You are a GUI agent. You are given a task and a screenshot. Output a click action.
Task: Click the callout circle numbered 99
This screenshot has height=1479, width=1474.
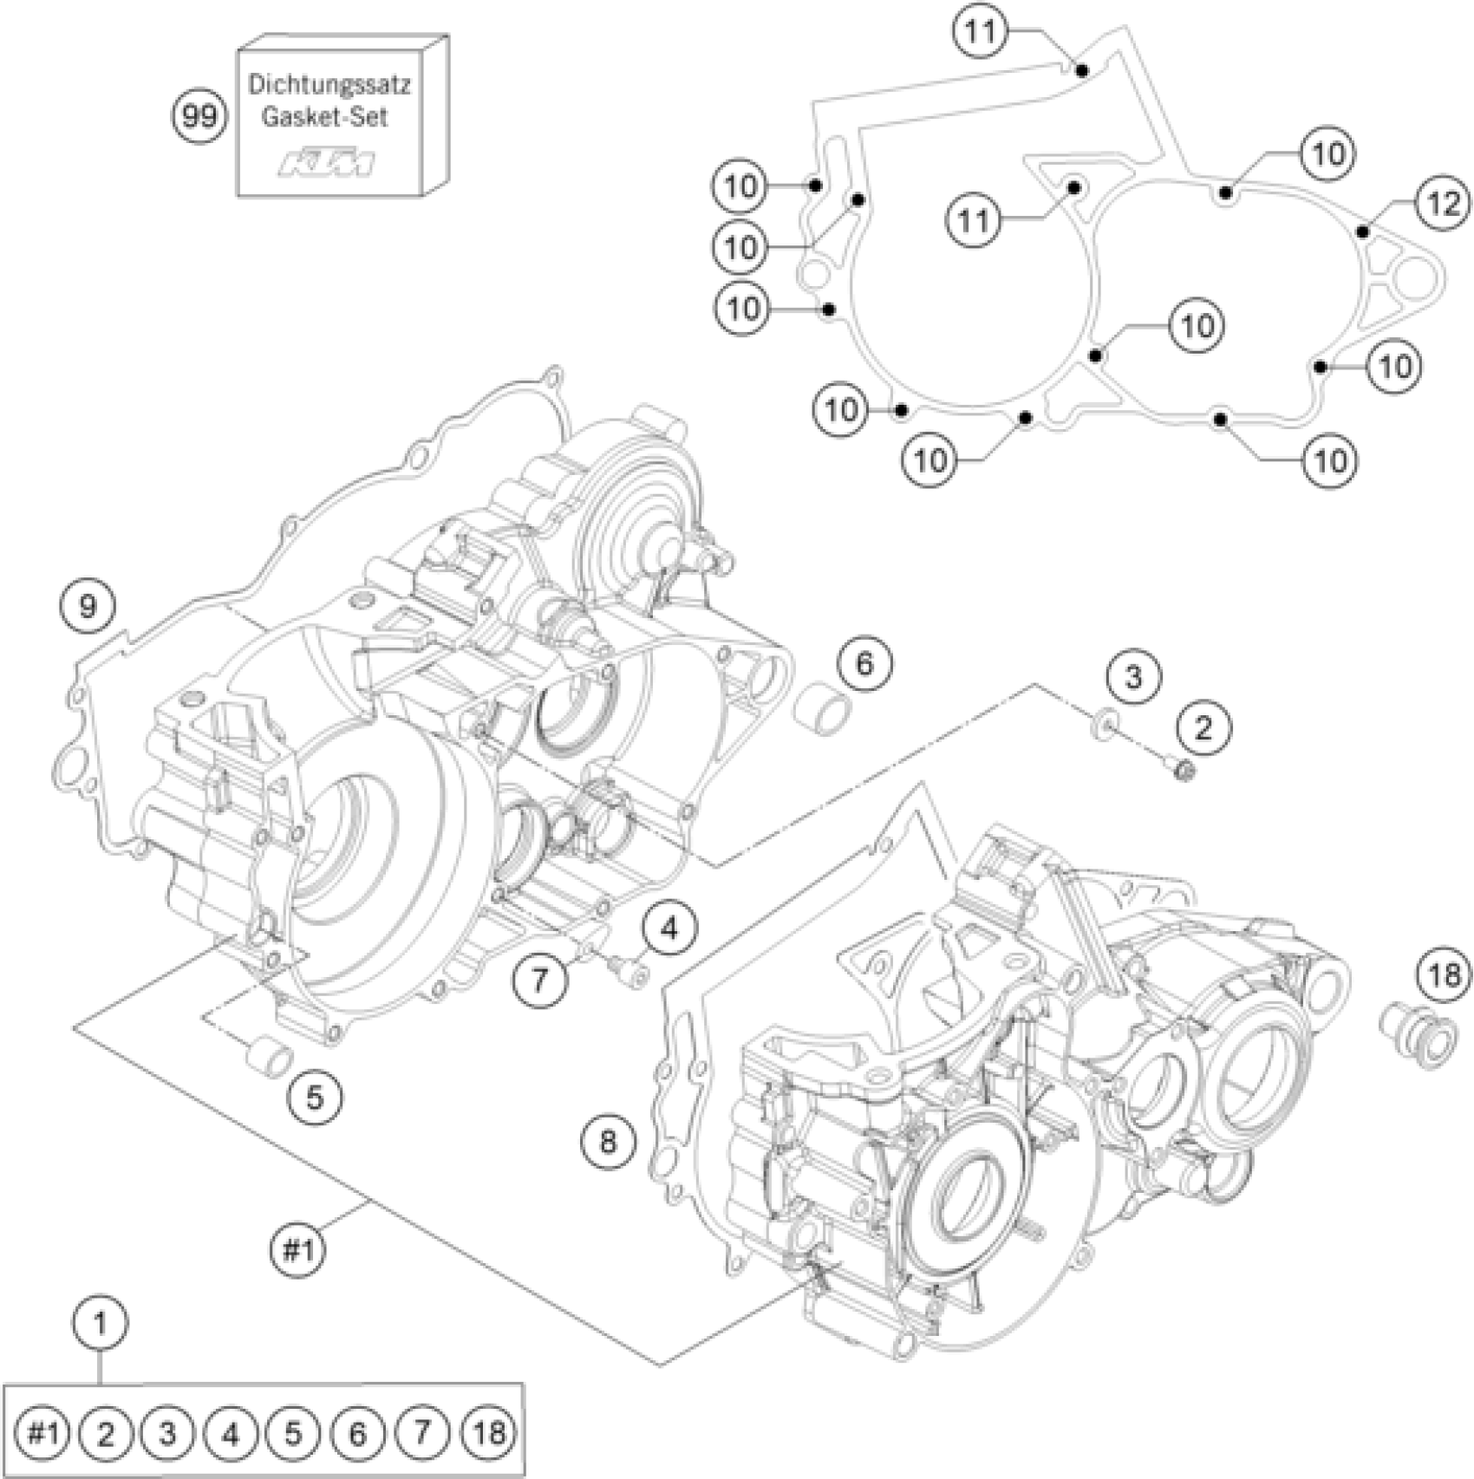[199, 114]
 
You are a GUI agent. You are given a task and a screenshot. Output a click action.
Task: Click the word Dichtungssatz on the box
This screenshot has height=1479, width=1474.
[329, 85]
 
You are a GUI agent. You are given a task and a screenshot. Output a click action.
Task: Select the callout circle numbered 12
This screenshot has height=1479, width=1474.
[1443, 204]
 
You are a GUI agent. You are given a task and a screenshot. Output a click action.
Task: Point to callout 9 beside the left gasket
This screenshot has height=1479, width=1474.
[88, 606]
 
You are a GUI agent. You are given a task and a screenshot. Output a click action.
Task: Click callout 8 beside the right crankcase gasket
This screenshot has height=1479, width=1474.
[607, 1140]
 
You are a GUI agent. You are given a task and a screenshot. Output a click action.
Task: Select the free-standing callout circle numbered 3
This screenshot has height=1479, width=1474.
[1134, 676]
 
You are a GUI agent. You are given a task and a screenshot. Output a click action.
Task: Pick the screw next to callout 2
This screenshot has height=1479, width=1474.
[1180, 767]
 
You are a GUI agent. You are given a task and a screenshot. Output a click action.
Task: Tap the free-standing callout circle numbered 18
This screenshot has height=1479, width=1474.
[1444, 976]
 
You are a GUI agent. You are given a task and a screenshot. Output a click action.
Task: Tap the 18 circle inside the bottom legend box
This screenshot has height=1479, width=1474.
[490, 1431]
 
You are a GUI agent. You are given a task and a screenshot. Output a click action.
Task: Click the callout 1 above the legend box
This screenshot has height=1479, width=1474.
[101, 1324]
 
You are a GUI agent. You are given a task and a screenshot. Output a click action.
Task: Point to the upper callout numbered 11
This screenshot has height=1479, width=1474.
[981, 32]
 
